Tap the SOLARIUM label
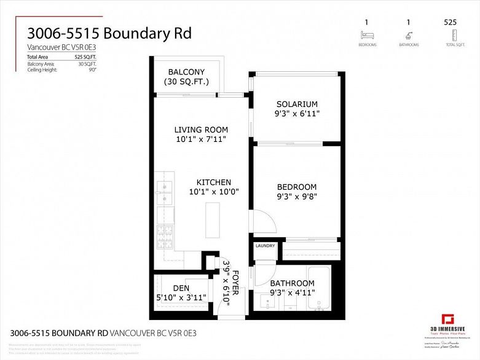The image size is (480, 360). (x=297, y=104)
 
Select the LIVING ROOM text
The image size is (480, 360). (x=201, y=130)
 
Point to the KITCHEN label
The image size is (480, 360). (x=213, y=182)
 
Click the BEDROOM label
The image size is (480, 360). (x=297, y=187)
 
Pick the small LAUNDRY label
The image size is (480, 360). (x=266, y=246)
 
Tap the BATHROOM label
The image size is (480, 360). (x=292, y=283)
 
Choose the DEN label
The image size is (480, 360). (x=181, y=288)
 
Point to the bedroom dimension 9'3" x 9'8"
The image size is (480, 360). (x=297, y=197)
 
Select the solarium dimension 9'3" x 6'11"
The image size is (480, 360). (x=297, y=114)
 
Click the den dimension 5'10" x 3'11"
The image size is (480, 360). (x=181, y=297)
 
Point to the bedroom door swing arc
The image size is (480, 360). (x=261, y=221)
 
